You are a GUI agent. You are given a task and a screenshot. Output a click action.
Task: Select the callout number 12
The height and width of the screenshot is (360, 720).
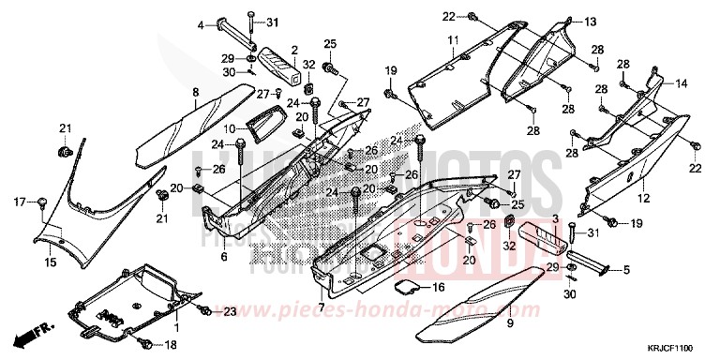click(644, 200)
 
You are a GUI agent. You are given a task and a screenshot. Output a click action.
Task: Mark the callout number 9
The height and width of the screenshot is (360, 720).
click(511, 322)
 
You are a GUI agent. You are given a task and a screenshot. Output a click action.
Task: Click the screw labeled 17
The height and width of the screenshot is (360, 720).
click(42, 200)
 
